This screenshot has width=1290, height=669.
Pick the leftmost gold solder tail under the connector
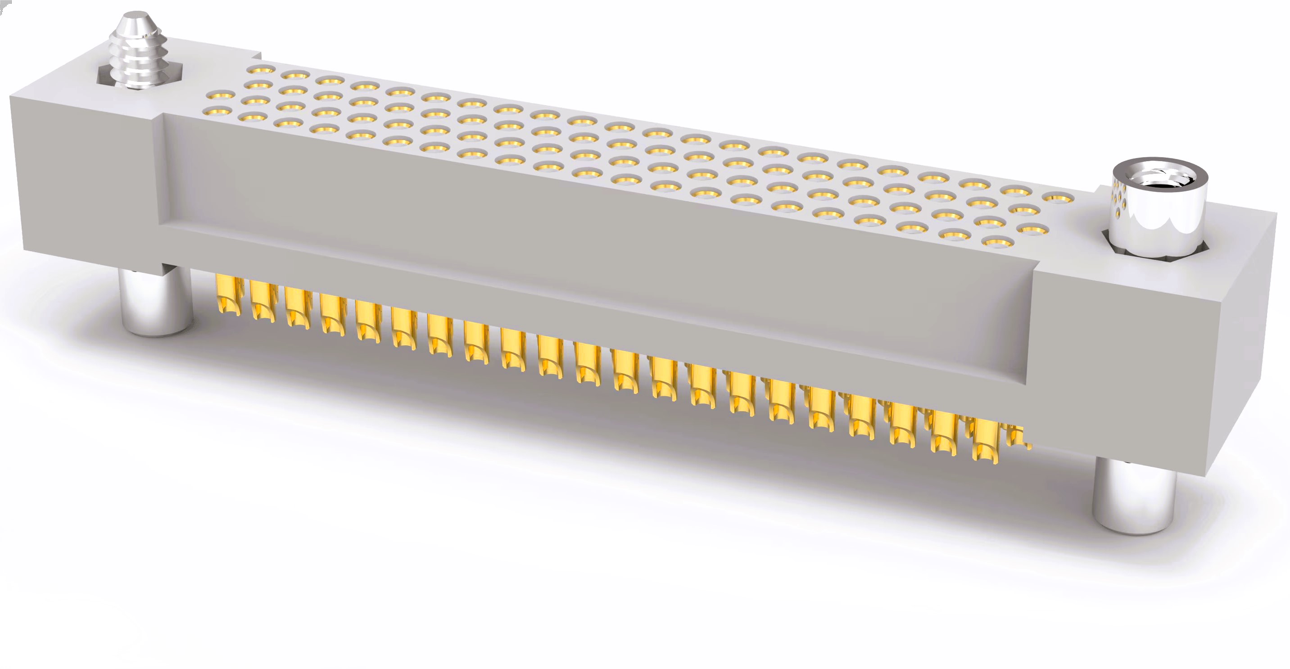point(228,295)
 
